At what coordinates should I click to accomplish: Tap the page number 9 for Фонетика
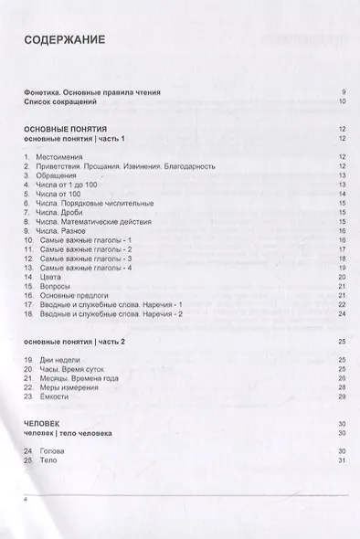[x=343, y=92]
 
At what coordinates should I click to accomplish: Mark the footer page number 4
[x=26, y=501]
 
